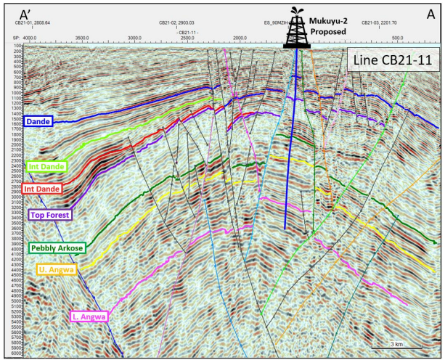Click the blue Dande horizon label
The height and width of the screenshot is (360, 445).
38,121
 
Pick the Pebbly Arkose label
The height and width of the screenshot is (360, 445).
57,247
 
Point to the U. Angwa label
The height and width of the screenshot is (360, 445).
55,270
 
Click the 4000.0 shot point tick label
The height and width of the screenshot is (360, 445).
30,37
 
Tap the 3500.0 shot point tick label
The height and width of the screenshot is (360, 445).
81,37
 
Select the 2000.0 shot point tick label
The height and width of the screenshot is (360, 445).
239,37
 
